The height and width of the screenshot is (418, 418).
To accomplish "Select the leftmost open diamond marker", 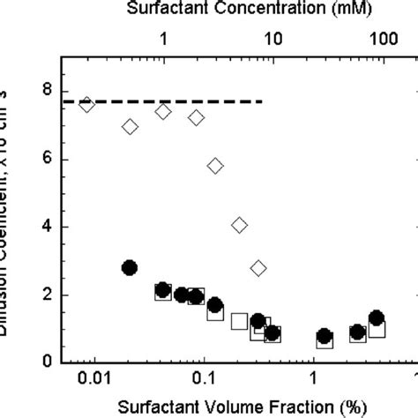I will point(86,105).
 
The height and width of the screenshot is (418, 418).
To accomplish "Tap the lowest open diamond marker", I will point(258,268).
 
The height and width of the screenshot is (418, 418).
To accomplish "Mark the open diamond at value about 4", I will point(239,226).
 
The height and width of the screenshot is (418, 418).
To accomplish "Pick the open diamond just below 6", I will point(215,166).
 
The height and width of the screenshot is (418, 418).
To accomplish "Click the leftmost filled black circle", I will point(130,268).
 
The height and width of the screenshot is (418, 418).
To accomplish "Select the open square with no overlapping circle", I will point(239,322).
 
